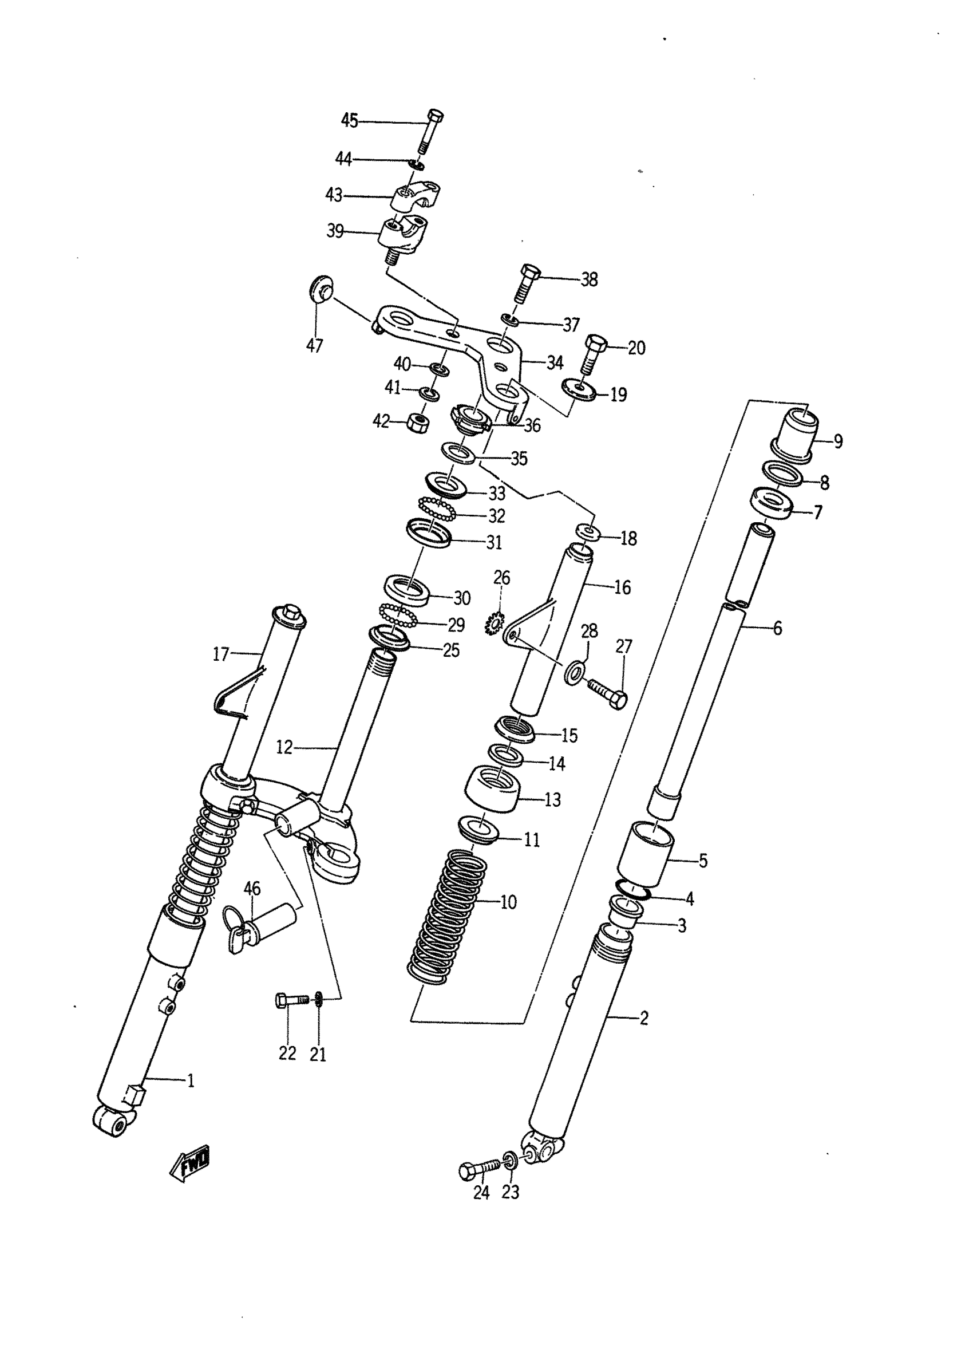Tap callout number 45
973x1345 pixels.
pyautogui.click(x=349, y=121)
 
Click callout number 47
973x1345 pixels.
pyautogui.click(x=314, y=346)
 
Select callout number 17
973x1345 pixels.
pyautogui.click(x=221, y=654)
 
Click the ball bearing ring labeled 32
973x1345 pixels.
pyautogui.click(x=437, y=509)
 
